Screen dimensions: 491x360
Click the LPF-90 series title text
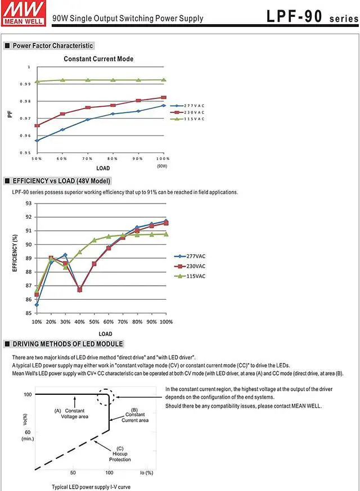tap(312, 17)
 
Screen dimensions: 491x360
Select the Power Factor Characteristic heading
tap(52, 46)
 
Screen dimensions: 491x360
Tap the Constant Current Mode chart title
tap(98, 59)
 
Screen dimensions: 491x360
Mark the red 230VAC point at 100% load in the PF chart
tap(164, 98)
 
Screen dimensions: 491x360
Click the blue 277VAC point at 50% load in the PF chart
tap(37, 141)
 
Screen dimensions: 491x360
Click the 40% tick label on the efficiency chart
tap(80, 322)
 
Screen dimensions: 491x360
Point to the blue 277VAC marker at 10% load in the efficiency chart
tap(37, 305)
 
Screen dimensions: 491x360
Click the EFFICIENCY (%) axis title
tap(15, 258)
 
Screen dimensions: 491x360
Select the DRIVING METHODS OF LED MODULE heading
tap(67, 344)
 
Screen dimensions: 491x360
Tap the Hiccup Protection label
tap(120, 456)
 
